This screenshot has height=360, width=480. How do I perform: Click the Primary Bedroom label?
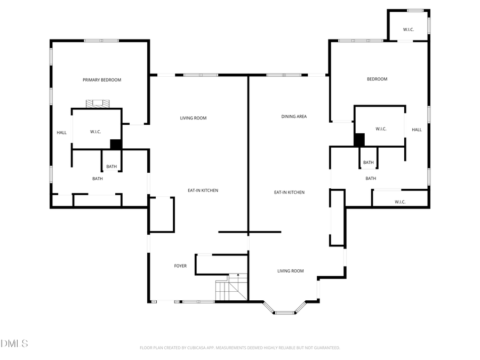point(102,80)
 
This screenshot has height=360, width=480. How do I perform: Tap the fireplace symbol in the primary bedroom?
point(98,103)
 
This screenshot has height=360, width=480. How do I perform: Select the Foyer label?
point(180,266)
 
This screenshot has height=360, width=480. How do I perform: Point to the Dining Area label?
point(294,116)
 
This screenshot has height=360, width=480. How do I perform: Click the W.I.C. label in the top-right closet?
point(409,29)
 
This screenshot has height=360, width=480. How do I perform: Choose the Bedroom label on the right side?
point(377,79)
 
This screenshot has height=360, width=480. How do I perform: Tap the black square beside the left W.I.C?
point(116,144)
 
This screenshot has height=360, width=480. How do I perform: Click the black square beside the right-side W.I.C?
point(359,140)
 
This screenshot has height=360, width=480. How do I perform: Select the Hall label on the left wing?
point(62,132)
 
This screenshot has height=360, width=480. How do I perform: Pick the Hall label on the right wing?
point(417,130)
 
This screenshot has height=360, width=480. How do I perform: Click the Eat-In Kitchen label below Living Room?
point(203,190)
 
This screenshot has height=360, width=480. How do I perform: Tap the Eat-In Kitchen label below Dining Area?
point(289,192)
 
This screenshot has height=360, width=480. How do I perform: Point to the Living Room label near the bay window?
point(291,271)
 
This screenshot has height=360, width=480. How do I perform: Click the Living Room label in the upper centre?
point(193,118)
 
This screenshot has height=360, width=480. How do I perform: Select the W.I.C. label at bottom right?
point(400,202)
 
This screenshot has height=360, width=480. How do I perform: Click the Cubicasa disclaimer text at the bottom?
point(240,348)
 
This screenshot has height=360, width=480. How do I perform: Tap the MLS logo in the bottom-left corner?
point(14,343)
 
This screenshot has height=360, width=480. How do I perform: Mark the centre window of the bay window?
point(285,313)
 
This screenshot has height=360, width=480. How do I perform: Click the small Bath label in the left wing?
point(111,166)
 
